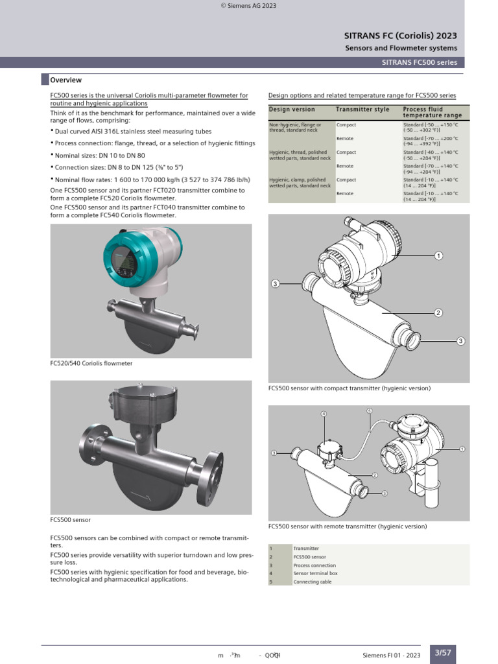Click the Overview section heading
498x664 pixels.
pyautogui.click(x=66, y=80)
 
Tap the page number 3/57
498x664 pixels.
pyautogui.click(x=442, y=653)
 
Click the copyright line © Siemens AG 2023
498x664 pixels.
pyautogui.click(x=249, y=5)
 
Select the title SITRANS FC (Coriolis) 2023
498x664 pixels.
pyautogui.click(x=400, y=36)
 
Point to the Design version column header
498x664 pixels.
pyautogui.click(x=292, y=110)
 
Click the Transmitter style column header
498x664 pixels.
pyautogui.click(x=362, y=110)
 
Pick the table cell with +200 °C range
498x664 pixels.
pyautogui.click(x=431, y=141)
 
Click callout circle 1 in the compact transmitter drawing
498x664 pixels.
pyautogui.click(x=438, y=256)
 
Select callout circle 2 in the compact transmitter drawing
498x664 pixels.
pyautogui.click(x=438, y=313)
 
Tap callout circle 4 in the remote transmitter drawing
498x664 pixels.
pyautogui.click(x=324, y=414)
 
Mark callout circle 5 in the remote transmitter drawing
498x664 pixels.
pyautogui.click(x=369, y=410)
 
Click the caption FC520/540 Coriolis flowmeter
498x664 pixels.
pyautogui.click(x=91, y=364)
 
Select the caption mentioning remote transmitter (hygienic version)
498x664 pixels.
pyautogui.click(x=348, y=527)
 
